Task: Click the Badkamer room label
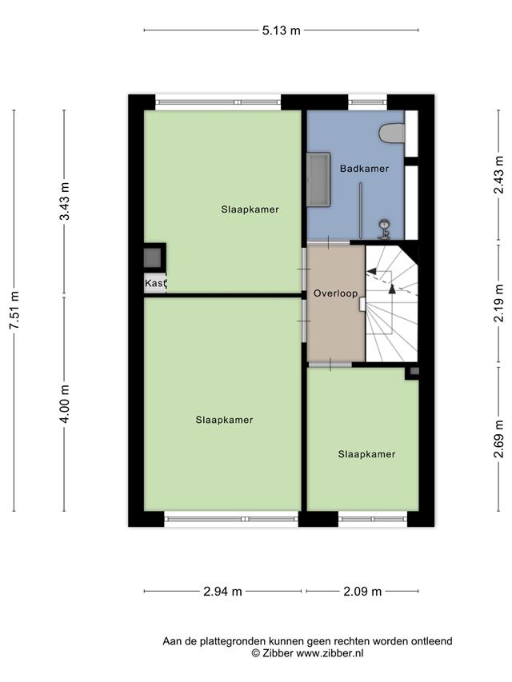(x=365, y=169)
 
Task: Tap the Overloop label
(x=336, y=293)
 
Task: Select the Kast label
(x=155, y=283)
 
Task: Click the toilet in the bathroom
(x=392, y=133)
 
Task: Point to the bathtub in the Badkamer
(x=318, y=179)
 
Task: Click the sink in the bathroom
(x=383, y=229)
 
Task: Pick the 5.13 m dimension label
(x=282, y=30)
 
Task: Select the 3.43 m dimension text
(x=65, y=201)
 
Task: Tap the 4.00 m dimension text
(x=65, y=404)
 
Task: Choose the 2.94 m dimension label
(x=222, y=592)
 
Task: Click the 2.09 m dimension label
(x=362, y=592)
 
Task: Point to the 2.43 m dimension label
(x=499, y=174)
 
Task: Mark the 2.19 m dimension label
(x=499, y=303)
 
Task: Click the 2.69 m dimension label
(x=499, y=439)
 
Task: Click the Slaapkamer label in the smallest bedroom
(x=366, y=454)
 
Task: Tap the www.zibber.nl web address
(x=330, y=653)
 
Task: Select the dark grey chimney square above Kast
(x=152, y=258)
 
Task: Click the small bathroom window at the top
(x=367, y=102)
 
